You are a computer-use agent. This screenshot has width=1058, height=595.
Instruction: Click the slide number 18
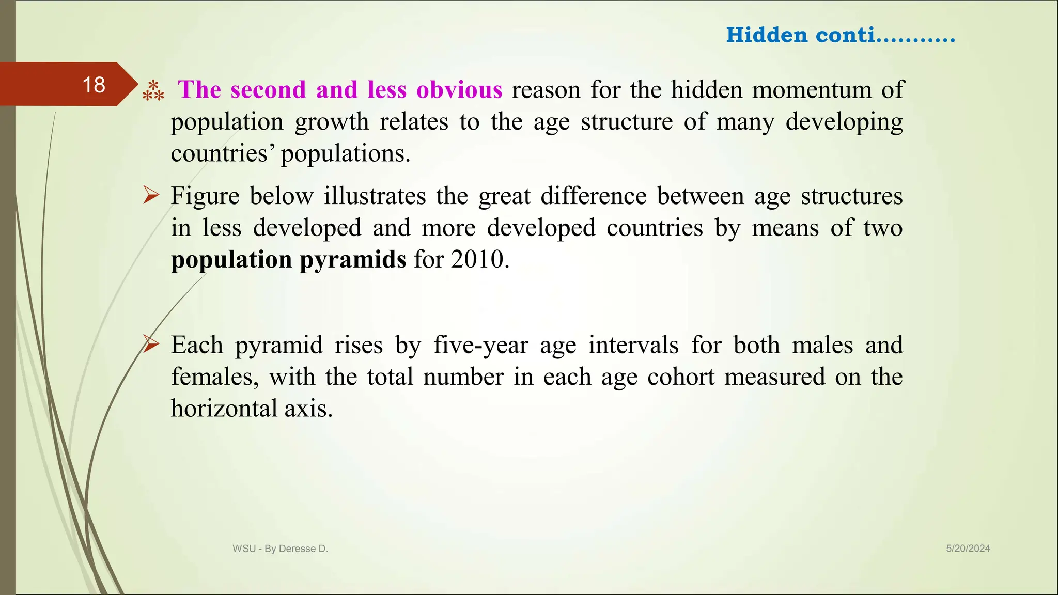click(94, 85)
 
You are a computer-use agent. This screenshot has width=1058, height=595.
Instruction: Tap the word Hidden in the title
click(767, 35)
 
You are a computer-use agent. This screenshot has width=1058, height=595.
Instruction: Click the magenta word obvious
click(459, 90)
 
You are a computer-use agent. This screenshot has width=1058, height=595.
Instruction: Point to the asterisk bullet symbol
click(153, 90)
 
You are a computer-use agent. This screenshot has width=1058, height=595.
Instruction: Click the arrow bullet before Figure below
click(151, 196)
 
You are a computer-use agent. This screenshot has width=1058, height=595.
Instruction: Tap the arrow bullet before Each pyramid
click(151, 343)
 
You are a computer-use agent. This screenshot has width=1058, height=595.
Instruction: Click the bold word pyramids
click(353, 260)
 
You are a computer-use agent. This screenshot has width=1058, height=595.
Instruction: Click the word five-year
click(480, 345)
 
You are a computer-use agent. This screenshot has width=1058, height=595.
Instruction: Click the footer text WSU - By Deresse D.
click(280, 549)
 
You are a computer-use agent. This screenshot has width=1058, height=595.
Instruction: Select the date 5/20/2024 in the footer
click(968, 549)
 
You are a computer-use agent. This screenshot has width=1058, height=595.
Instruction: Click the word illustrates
click(375, 196)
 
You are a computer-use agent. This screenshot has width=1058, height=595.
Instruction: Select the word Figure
click(205, 196)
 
